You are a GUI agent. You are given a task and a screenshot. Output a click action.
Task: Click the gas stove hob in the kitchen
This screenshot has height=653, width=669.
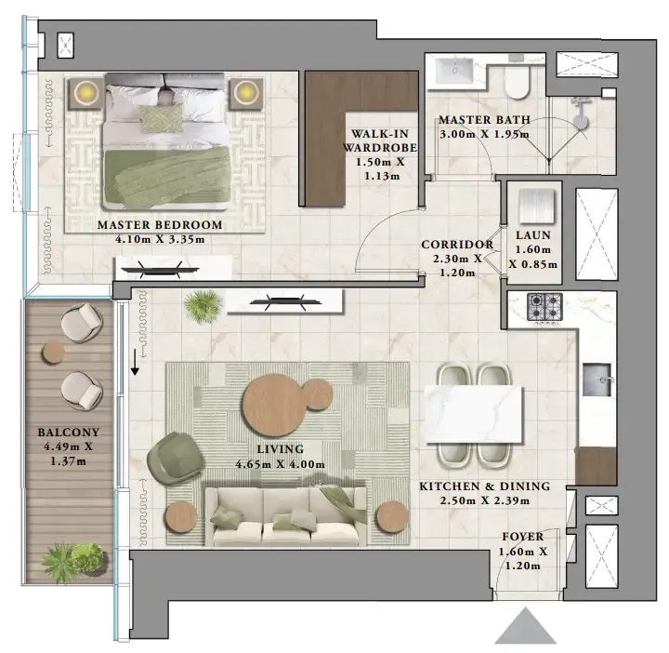click(544, 306)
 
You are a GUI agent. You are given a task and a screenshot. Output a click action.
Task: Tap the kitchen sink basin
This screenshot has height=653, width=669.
click(597, 380)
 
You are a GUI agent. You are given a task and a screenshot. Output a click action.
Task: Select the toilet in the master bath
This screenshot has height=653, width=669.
click(517, 82)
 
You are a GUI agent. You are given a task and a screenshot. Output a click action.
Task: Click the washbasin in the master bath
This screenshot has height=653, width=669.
click(454, 71)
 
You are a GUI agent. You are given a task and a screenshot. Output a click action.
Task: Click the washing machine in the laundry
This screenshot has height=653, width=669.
click(536, 206)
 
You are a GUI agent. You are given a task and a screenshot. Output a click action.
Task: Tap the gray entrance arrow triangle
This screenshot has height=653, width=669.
click(526, 625)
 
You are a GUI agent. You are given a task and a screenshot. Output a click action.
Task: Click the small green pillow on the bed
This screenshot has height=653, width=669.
click(161, 118)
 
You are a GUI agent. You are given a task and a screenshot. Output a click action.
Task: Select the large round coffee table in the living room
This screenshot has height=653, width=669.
click(275, 405)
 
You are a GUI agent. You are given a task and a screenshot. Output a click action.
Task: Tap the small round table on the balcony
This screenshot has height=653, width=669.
click(54, 353)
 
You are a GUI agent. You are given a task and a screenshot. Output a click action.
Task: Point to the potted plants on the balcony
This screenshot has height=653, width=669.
click(73, 562)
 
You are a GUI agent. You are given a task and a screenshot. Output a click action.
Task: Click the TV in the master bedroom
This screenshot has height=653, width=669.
click(159, 270)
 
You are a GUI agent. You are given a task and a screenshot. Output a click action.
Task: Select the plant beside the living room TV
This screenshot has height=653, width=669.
click(203, 304)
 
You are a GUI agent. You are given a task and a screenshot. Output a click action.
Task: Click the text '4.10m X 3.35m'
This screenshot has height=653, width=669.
click(160, 239)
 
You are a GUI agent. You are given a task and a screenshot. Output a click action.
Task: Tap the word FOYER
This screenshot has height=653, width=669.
click(522, 537)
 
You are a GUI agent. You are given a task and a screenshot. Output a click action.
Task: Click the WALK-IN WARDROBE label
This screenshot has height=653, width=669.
click(380, 141)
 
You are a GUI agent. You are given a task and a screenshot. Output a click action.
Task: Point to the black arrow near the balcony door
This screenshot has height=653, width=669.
click(135, 362)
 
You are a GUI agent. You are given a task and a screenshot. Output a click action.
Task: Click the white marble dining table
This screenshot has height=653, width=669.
click(474, 414)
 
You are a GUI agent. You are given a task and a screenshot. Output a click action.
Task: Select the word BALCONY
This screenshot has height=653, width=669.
click(68, 433)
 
